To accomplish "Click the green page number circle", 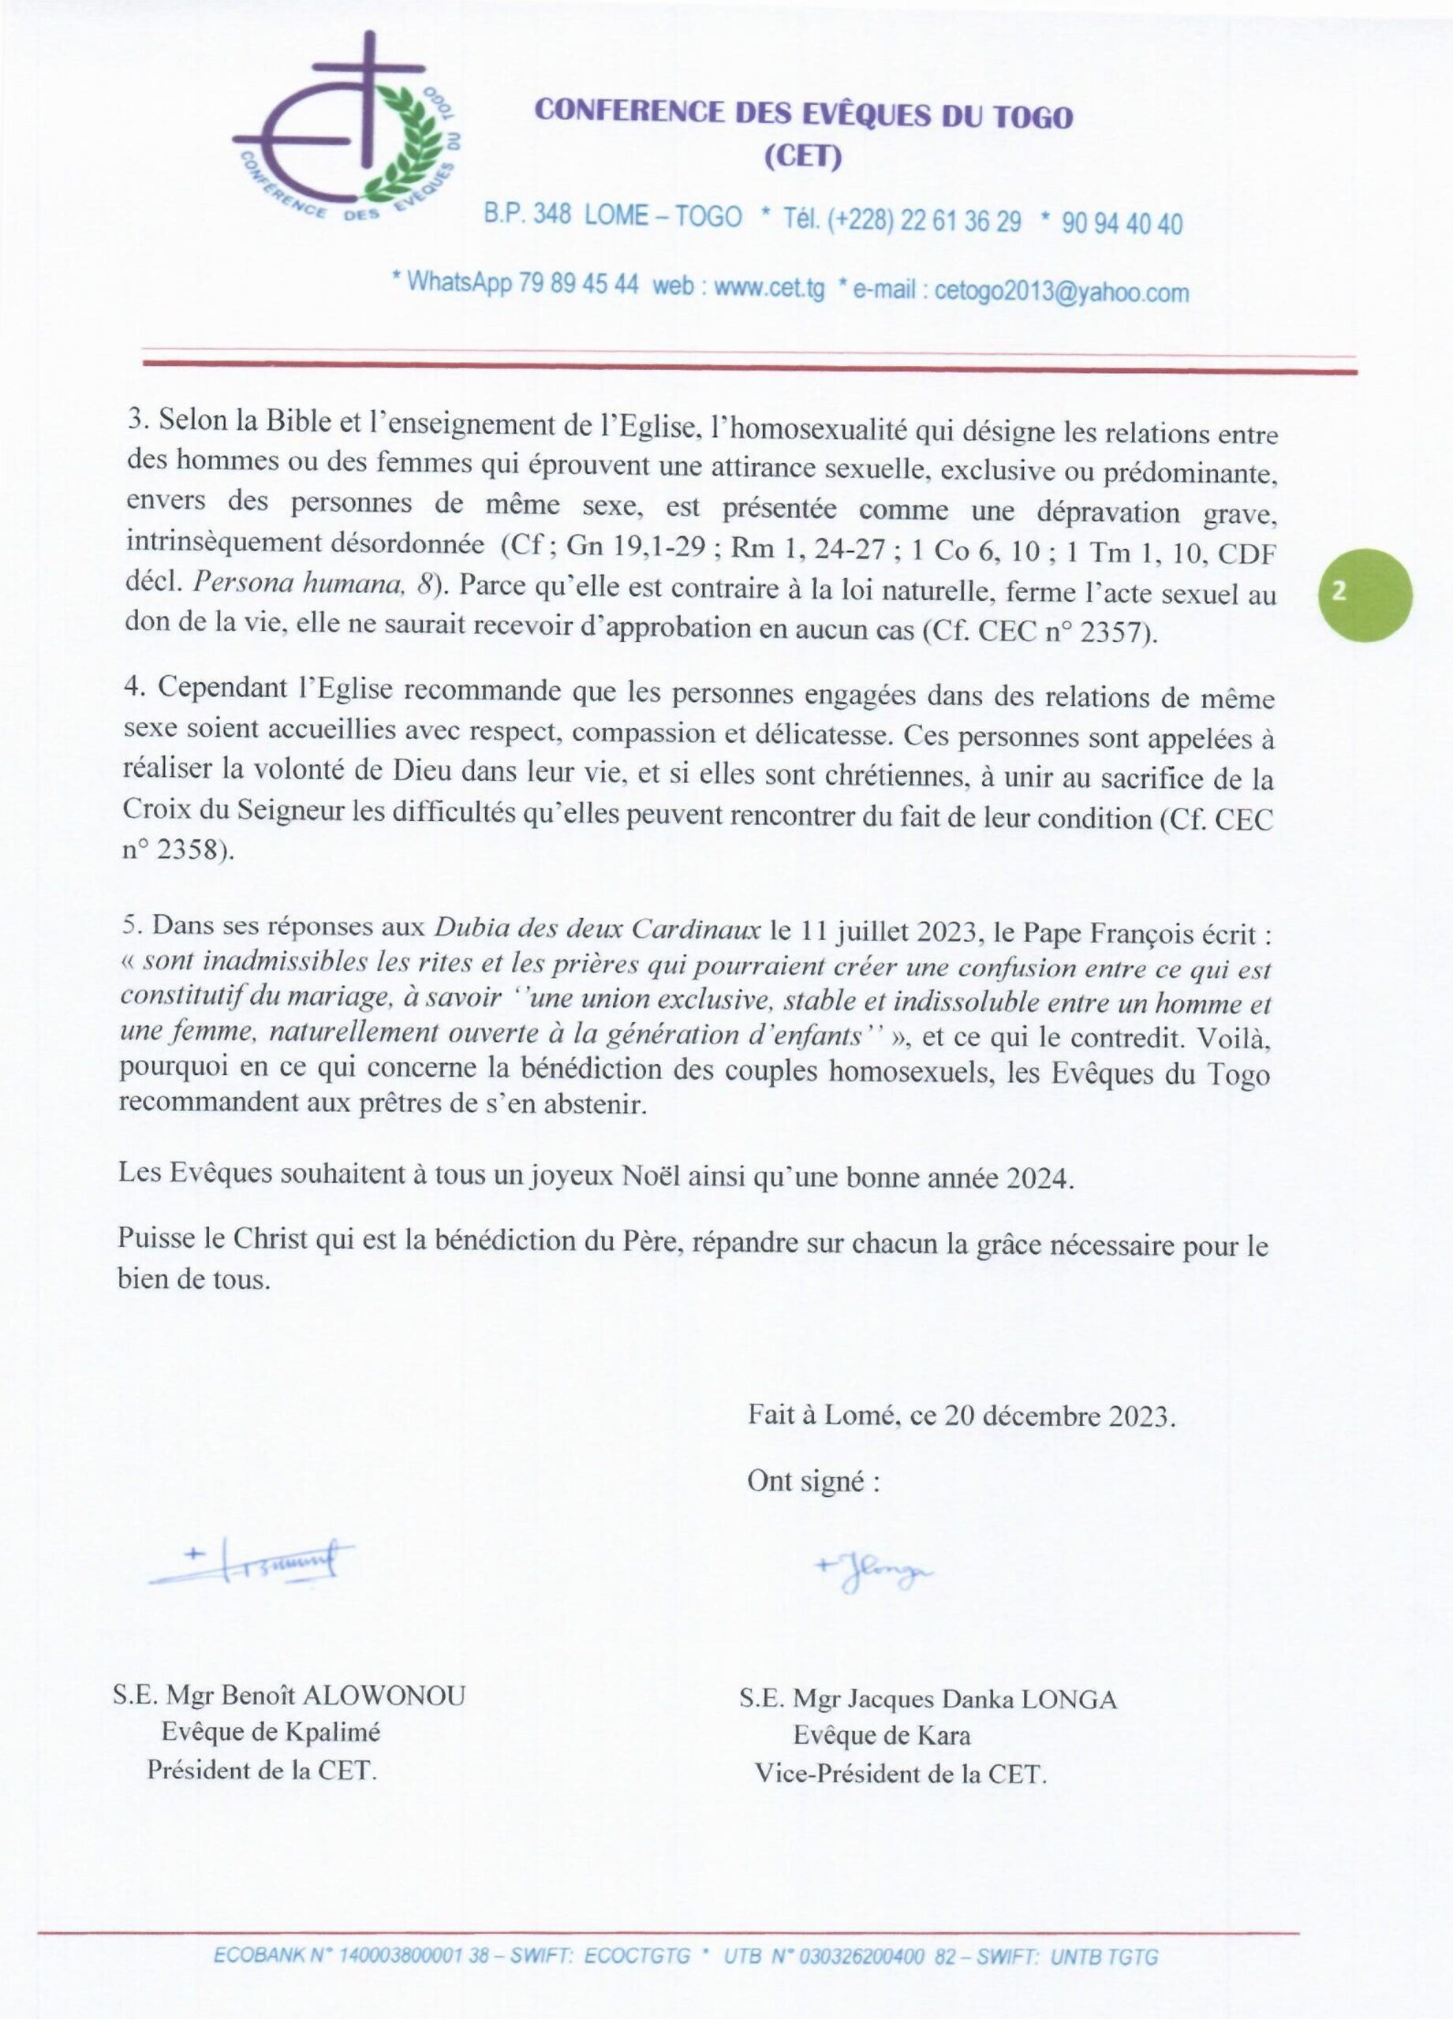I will pyautogui.click(x=1364, y=595).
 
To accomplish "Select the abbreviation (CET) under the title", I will pyautogui.click(x=803, y=158).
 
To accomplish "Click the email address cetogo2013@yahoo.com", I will pyautogui.click(x=1061, y=292).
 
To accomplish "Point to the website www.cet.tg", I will pyautogui.click(x=769, y=289).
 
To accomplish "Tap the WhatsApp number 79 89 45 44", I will pyautogui.click(x=578, y=284).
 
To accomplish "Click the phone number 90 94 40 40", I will pyautogui.click(x=1122, y=223).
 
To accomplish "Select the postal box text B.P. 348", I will pyautogui.click(x=527, y=215).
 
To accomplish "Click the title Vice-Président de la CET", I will pyautogui.click(x=900, y=1775).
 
